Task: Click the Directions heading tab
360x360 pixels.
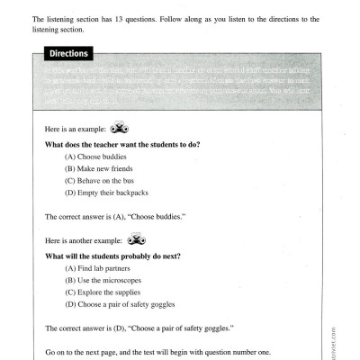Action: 67,54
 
